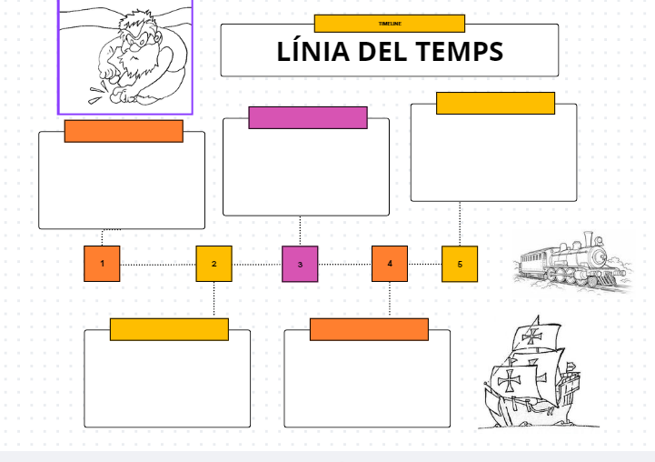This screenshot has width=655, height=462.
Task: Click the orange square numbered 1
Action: pos(102,264)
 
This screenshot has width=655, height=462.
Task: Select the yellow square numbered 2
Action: pos(214,264)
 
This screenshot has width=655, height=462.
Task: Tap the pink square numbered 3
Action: pos(300,264)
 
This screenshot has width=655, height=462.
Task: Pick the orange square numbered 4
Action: pos(390,264)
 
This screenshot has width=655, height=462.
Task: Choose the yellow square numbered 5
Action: pos(460,264)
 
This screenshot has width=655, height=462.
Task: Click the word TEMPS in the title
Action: pos(459,52)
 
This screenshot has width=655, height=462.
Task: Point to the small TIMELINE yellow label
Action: pos(389,24)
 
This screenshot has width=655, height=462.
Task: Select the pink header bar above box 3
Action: pos(308,117)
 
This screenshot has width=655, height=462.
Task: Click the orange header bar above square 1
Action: pos(124,131)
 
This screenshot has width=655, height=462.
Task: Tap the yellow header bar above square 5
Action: pos(495,103)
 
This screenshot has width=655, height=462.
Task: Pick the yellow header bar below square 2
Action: pos(169,329)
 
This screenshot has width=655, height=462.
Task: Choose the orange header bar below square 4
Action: pos(369,329)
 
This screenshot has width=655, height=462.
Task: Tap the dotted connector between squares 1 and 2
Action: pos(158,265)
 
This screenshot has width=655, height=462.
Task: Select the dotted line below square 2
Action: pos(214,298)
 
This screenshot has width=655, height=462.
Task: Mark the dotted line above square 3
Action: pos(300,231)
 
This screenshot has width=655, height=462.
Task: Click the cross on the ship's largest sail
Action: pos(510,380)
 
